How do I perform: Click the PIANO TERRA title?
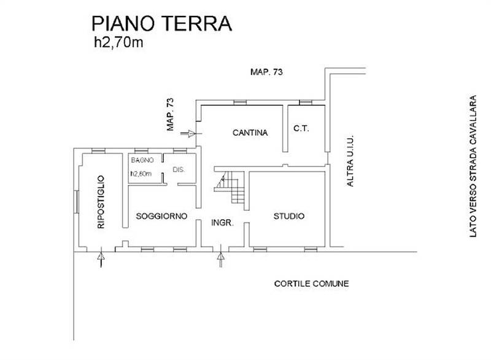[x=161, y=23]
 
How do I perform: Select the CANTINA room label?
[x=249, y=132]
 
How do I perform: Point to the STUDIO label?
[x=288, y=216]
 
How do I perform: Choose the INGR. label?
[x=222, y=224]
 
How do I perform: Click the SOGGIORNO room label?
[x=161, y=216]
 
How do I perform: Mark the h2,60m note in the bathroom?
[x=141, y=173]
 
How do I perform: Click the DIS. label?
[x=179, y=170]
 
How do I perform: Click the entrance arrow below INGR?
[x=220, y=260]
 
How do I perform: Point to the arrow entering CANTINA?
[x=190, y=131]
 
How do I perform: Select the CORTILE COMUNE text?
[x=311, y=284]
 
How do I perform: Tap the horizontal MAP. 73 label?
[x=267, y=72]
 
